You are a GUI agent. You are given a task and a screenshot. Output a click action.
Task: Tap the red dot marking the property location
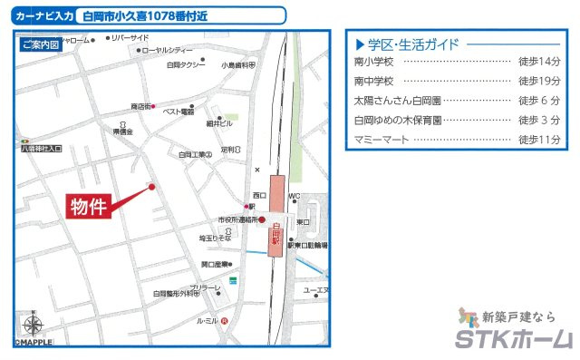point(151,188)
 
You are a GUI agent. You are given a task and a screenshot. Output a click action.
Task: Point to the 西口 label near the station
point(258,195)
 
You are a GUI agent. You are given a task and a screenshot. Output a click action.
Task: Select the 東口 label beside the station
point(303,221)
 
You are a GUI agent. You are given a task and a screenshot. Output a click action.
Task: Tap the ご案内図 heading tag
point(40,44)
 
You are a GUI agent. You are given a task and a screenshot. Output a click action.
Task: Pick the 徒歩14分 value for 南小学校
point(539,62)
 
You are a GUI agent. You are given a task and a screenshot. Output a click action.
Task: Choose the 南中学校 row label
point(374,81)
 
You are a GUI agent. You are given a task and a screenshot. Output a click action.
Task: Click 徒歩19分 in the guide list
point(539,81)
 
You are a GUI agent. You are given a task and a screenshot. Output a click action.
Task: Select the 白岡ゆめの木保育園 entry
point(398,120)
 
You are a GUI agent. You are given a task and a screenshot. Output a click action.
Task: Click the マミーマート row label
point(381,140)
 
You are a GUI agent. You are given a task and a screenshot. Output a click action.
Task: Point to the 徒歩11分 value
point(539,140)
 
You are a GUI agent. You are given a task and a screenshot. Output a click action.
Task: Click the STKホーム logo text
point(514,340)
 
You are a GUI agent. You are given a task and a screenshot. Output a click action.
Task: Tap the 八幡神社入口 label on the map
point(41,148)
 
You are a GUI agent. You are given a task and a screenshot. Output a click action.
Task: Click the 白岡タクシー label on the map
point(186,65)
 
